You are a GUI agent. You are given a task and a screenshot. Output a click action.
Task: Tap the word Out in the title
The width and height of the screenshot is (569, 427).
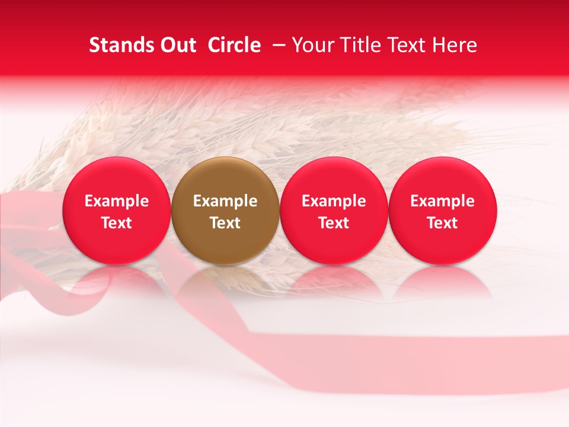(177, 45)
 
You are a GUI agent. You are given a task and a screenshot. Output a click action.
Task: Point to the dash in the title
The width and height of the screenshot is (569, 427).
(276, 45)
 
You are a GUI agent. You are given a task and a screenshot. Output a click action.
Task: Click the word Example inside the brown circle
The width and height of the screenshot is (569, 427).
(225, 201)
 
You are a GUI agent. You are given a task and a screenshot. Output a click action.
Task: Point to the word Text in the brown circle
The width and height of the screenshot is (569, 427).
(225, 223)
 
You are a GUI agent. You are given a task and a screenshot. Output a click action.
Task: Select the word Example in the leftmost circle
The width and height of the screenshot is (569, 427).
(117, 201)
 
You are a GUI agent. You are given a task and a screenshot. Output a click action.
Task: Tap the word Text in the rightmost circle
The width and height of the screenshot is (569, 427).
(443, 223)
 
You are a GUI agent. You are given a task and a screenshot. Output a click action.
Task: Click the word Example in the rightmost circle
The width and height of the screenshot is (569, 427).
(443, 201)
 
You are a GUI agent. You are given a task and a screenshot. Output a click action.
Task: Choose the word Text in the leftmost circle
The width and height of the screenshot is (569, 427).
(117, 223)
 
